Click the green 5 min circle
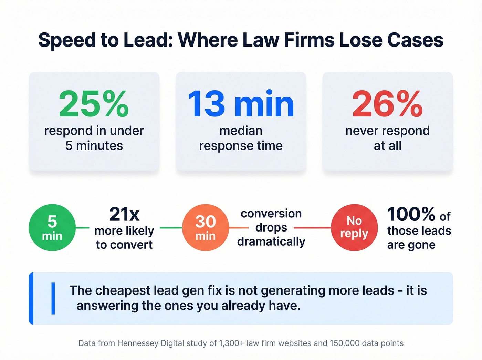(52, 228)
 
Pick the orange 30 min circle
(206, 228)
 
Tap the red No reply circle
(354, 228)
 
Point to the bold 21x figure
(124, 214)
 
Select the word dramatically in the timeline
(271, 241)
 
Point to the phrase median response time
(241, 138)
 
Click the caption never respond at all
(387, 138)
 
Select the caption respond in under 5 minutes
(94, 138)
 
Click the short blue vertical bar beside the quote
(53, 298)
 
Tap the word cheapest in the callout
(123, 291)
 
